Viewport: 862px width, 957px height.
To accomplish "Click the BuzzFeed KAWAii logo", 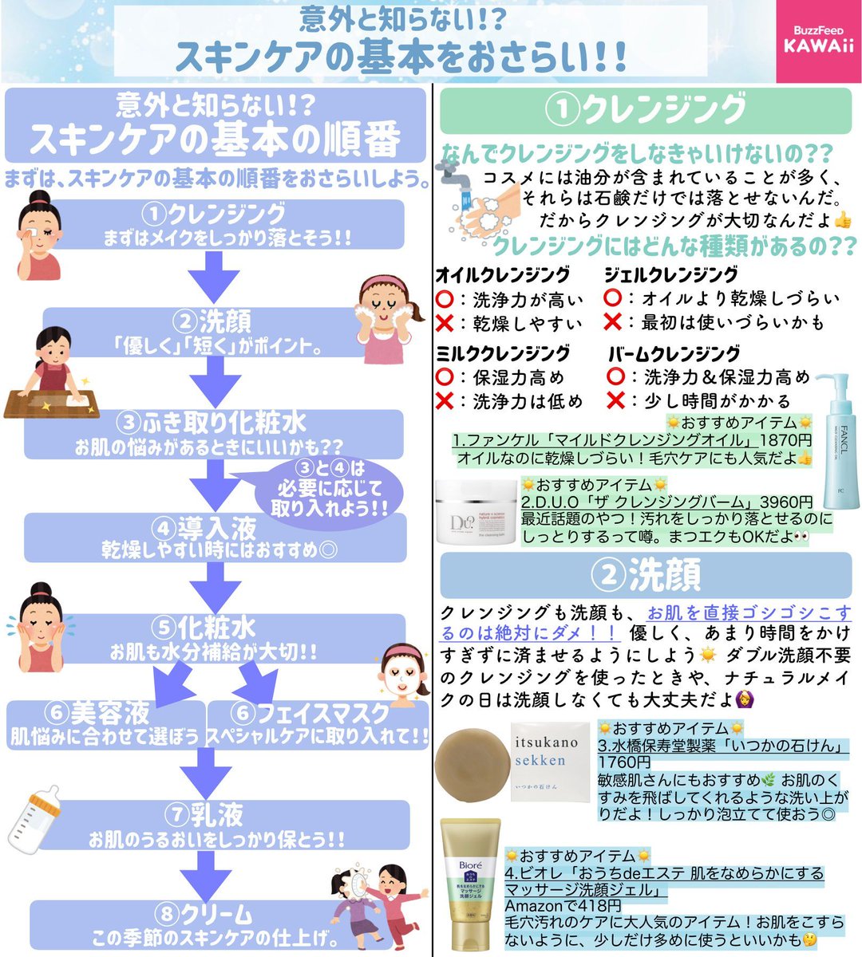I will point(819,41).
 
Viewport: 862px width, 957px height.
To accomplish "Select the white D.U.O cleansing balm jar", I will point(476,512).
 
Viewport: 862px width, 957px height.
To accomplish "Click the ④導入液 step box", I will point(215,538).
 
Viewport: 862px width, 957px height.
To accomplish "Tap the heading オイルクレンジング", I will point(503,275).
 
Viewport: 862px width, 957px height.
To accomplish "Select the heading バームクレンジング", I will point(674,353).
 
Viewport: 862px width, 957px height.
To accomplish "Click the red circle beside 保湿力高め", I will point(445,377).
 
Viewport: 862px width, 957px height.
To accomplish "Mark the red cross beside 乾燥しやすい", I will point(445,323).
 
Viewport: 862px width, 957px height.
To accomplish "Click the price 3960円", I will point(786,502).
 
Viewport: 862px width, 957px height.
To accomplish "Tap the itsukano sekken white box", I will point(551,762).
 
